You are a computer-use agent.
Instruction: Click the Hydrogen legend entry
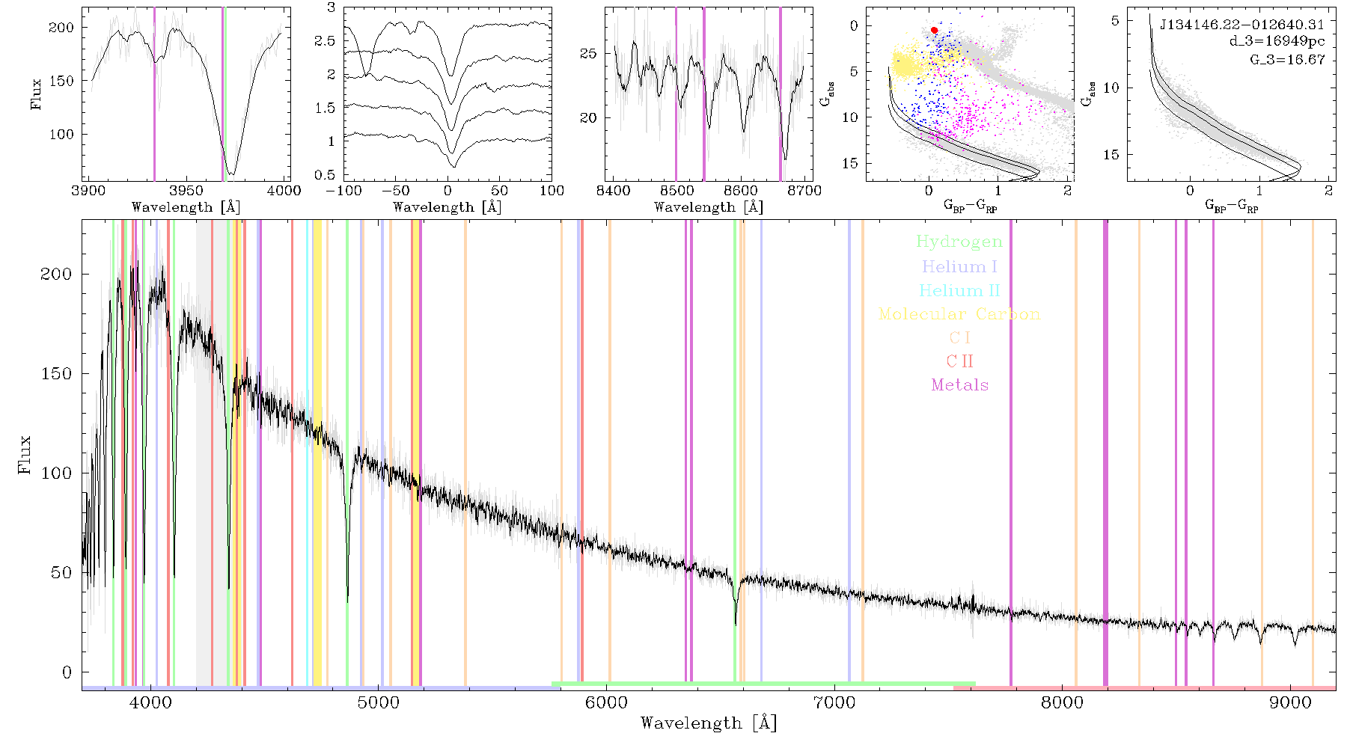pos(959,242)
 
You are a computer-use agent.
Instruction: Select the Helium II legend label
pos(959,290)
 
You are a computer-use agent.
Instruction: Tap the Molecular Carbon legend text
pos(959,314)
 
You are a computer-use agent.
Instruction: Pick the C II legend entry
pos(959,361)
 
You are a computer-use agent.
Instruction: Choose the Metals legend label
pos(959,385)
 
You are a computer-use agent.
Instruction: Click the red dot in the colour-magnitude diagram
pos(934,30)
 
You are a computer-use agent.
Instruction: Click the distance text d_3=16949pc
pos(1277,41)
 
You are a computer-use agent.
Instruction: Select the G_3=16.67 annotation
pos(1287,59)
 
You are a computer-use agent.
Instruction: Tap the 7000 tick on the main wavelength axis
pos(834,703)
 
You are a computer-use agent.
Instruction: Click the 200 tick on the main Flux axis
pos(56,274)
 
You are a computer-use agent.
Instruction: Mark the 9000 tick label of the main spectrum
pos(1290,703)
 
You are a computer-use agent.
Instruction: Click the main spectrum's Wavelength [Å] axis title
pos(709,723)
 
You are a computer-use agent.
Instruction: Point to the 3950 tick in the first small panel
pos(186,190)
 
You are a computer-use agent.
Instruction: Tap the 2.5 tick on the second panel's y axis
pos(325,41)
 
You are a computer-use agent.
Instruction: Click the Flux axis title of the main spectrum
pos(25,454)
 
